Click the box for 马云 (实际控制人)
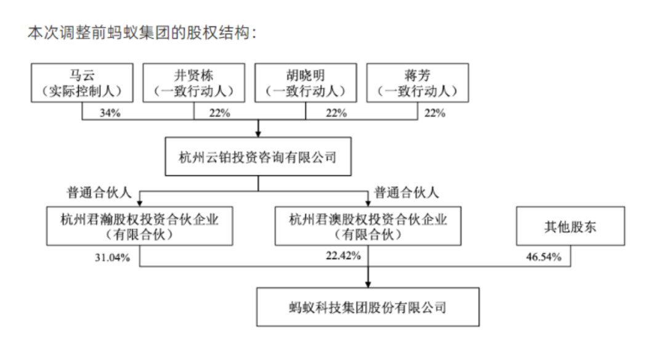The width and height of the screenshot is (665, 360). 82,82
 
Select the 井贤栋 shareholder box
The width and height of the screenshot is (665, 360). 194,82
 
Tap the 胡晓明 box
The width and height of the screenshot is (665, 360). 306,82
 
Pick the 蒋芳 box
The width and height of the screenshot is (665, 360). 417,82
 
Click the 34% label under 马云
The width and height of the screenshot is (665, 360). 110,113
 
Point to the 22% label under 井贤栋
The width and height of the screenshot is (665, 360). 219,113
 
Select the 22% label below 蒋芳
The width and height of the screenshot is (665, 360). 435,113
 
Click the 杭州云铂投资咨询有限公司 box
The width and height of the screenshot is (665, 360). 258,156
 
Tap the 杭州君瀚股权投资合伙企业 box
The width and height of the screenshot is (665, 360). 140,226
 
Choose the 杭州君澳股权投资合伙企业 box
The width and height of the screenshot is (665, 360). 368,226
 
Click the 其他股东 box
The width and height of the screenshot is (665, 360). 570,226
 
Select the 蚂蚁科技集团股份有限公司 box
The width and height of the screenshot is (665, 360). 368,307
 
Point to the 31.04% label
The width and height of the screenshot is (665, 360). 113,257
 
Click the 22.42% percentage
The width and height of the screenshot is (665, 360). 344,255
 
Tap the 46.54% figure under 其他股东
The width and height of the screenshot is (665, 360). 544,257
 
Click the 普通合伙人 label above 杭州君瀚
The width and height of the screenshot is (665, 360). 99,193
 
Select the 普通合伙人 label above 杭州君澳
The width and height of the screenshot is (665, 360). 406,193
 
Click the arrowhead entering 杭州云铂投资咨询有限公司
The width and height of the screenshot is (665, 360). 258,134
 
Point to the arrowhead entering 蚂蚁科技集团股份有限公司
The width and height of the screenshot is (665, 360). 368,284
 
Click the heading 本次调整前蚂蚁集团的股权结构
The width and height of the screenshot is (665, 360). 142,33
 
